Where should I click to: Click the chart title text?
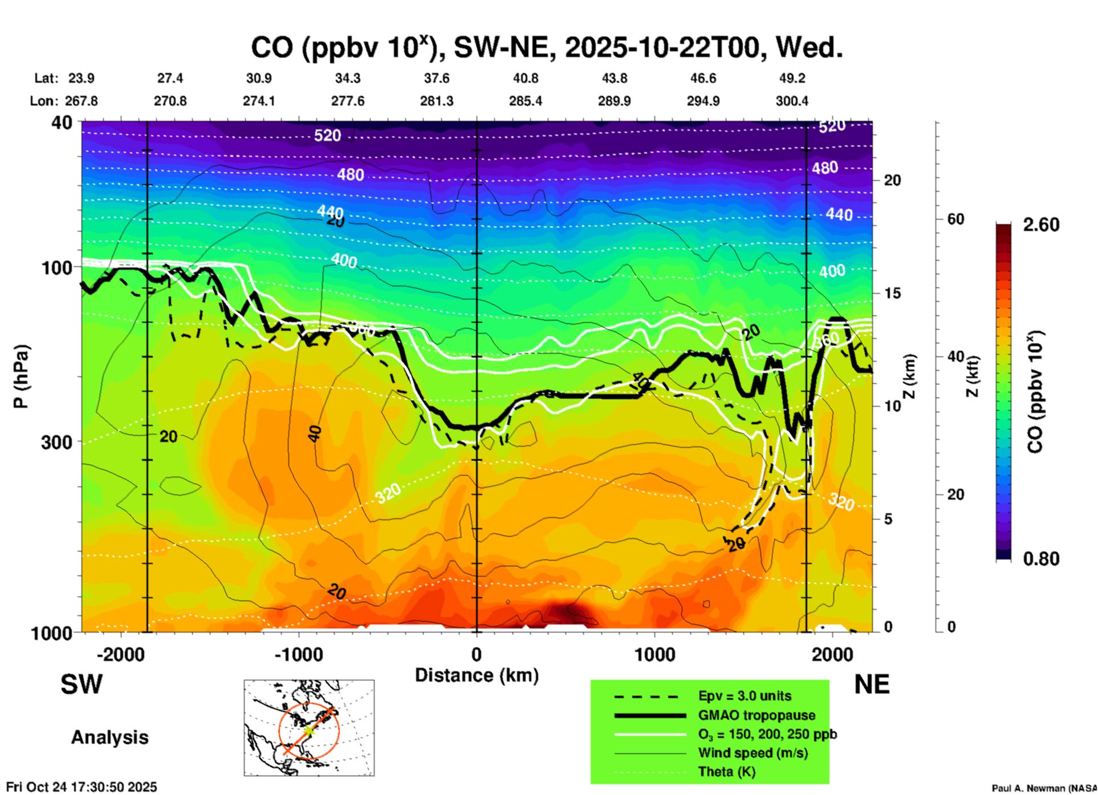coord(546,48)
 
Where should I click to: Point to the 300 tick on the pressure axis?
coord(56,442)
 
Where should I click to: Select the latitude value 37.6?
coord(436,78)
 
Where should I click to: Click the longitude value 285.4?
coord(525,101)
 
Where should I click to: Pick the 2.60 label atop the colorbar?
coord(1041,225)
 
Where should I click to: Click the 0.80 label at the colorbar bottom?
coord(1041,559)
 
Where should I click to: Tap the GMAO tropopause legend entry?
coord(757,715)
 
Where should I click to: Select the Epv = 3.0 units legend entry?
coord(745,696)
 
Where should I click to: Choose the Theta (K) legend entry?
coord(726,772)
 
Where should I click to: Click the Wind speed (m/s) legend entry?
coord(753,753)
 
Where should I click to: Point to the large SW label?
coord(82,684)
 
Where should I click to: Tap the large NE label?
coord(872,684)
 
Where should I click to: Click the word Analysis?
coord(109,737)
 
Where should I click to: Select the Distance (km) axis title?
coord(477,675)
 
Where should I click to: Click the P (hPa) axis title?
coord(21,376)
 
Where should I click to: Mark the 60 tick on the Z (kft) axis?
coord(955,219)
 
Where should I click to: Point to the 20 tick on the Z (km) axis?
coord(892,180)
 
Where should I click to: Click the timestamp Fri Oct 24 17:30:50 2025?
coord(82,787)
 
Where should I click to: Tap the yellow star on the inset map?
coord(308,730)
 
